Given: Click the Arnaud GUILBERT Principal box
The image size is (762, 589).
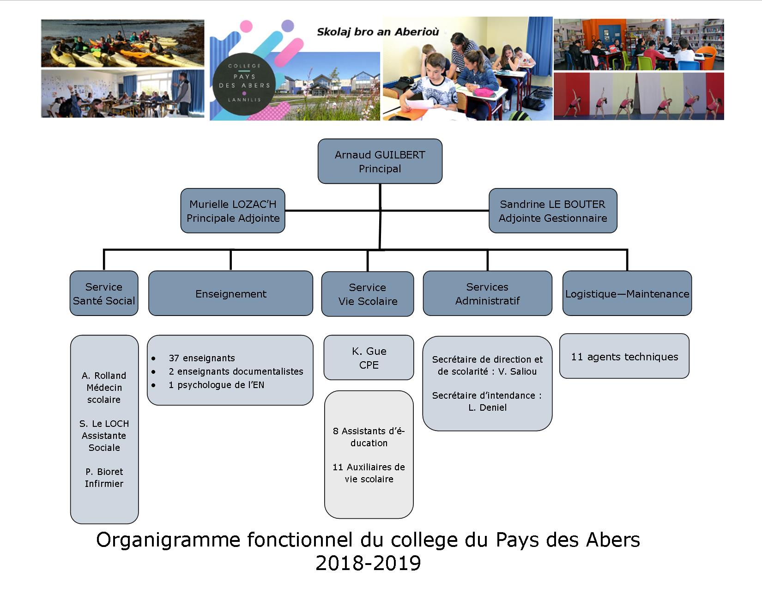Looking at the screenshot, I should pos(380,161).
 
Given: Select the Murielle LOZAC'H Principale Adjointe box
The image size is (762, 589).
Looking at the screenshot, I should pos(233,211).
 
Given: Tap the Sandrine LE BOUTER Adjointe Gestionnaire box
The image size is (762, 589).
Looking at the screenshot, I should pos(552,211).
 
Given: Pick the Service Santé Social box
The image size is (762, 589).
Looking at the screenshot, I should pos(104,293).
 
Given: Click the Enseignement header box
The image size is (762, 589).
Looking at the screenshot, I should pos(230,293).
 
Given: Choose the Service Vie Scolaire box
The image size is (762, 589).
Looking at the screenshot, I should pos(368,294).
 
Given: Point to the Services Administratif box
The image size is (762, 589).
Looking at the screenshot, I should pos(487,293).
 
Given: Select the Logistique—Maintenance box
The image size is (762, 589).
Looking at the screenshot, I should pos(627,293).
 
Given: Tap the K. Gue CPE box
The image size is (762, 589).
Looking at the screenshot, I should pos(369,358).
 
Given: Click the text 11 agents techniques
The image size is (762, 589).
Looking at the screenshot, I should pos(624,357).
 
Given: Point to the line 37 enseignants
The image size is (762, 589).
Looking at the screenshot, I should pos(202,358).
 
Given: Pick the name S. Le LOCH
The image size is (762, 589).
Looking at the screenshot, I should pos(104,424).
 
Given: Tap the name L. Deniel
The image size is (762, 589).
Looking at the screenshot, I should pos(487,407).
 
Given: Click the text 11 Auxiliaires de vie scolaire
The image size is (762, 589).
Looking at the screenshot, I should pos(369,473).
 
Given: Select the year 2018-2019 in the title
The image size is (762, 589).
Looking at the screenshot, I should pos(368,563).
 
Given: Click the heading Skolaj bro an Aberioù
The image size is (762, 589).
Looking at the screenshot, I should pos(377,32).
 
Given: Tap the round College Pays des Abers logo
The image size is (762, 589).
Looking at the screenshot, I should pos(244,83).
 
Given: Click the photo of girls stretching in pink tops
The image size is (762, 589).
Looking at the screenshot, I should pos(639,96).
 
